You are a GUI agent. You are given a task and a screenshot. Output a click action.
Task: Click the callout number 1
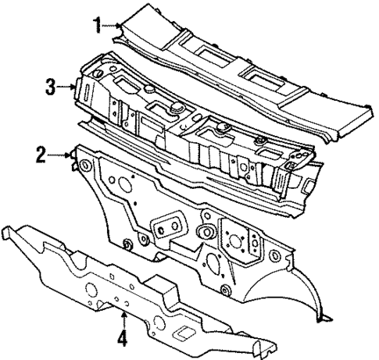[x=98, y=24]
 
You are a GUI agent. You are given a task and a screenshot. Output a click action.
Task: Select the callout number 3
[x=49, y=87]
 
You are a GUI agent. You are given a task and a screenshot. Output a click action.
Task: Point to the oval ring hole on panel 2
[x=207, y=232]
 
